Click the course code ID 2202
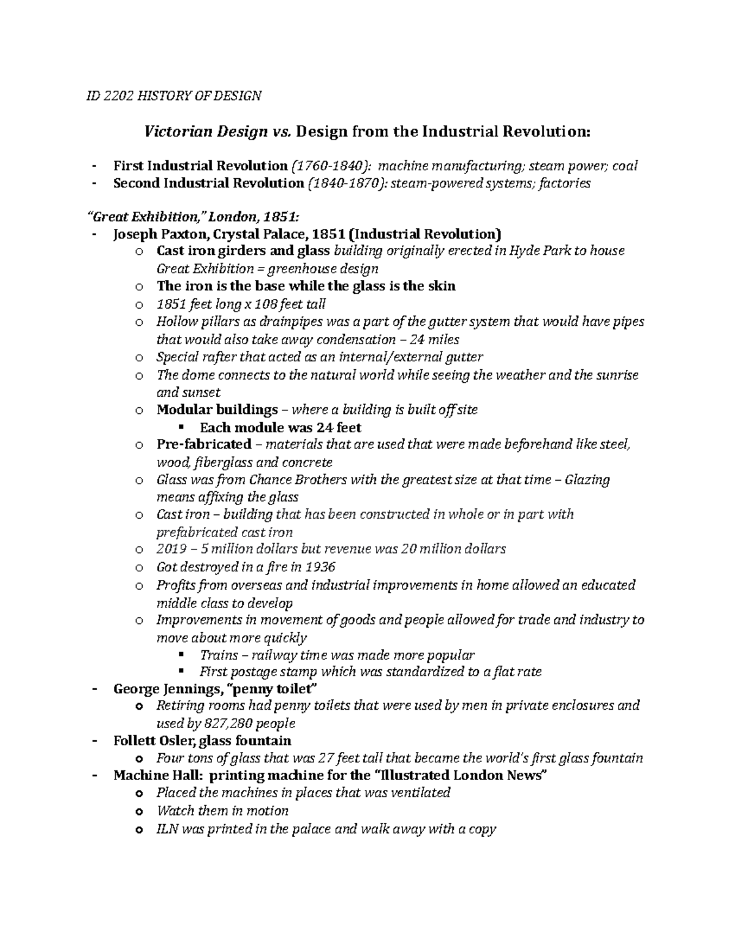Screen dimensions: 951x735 point(108,96)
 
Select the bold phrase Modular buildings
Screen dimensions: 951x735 point(217,410)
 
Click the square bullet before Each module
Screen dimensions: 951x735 point(181,427)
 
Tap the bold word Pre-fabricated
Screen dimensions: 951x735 point(204,444)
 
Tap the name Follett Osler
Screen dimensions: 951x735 point(154,740)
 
